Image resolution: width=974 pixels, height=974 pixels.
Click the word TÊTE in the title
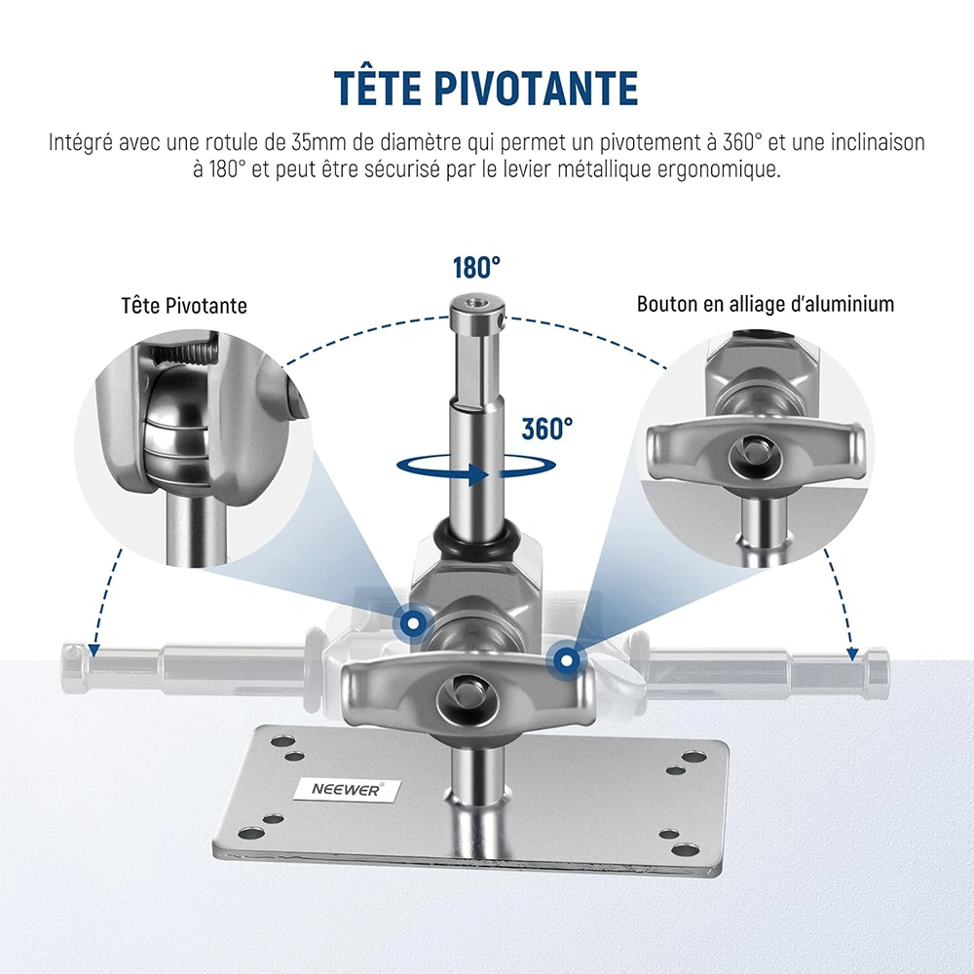coord(376,88)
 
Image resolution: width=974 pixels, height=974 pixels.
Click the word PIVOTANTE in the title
coord(536,88)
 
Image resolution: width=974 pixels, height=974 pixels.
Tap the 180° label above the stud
coord(476,268)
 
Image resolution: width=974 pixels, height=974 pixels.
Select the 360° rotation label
coord(546,429)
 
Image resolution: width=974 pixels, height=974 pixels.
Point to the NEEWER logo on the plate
coord(346,790)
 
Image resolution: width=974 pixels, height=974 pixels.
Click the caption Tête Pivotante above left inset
coord(184,306)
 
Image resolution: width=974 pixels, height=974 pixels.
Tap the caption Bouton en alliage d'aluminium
coord(766,304)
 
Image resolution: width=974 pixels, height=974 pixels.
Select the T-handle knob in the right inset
coord(755,451)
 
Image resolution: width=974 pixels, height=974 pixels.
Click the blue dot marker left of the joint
coord(411,621)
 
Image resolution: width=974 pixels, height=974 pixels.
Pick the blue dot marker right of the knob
coord(565,659)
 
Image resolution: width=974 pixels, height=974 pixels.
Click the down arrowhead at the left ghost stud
coord(94,650)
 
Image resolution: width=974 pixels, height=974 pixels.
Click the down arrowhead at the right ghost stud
coord(853,655)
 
